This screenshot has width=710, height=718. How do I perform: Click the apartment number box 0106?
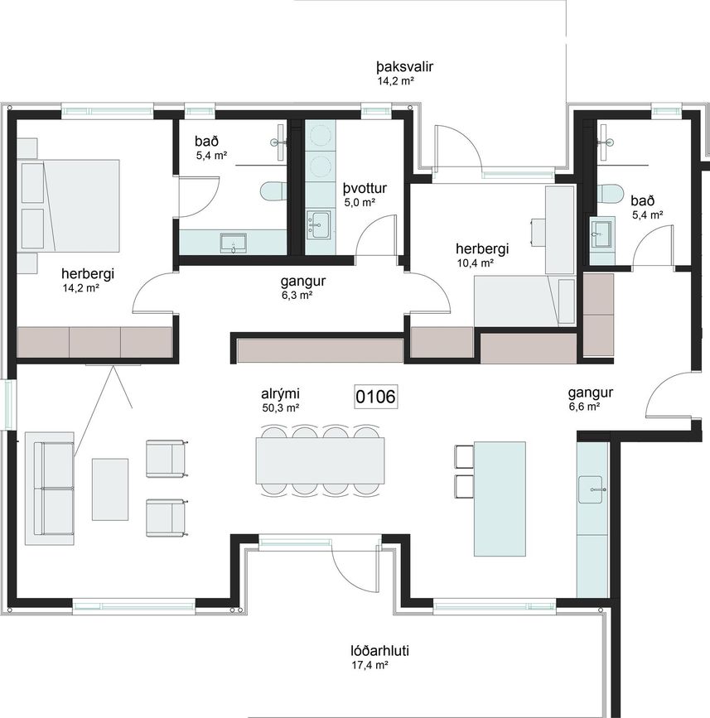click(x=376, y=397)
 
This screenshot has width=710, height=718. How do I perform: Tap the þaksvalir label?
click(x=405, y=67)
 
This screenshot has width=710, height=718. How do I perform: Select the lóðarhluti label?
click(x=379, y=650)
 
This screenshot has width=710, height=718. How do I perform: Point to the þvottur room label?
click(x=365, y=188)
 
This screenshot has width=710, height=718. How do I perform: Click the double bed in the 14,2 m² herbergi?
click(x=69, y=205)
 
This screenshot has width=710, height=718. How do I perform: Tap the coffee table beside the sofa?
click(x=110, y=489)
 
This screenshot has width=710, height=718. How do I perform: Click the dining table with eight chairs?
click(x=320, y=460)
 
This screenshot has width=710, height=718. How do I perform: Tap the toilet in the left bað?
click(x=273, y=191)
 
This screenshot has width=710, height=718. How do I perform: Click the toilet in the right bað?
click(x=611, y=193)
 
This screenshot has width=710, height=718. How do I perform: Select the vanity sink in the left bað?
click(x=234, y=243)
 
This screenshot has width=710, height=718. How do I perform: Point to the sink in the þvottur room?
click(x=318, y=224)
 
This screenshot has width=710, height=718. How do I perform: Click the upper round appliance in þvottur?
click(x=320, y=133)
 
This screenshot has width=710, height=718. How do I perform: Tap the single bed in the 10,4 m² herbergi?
click(x=524, y=301)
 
